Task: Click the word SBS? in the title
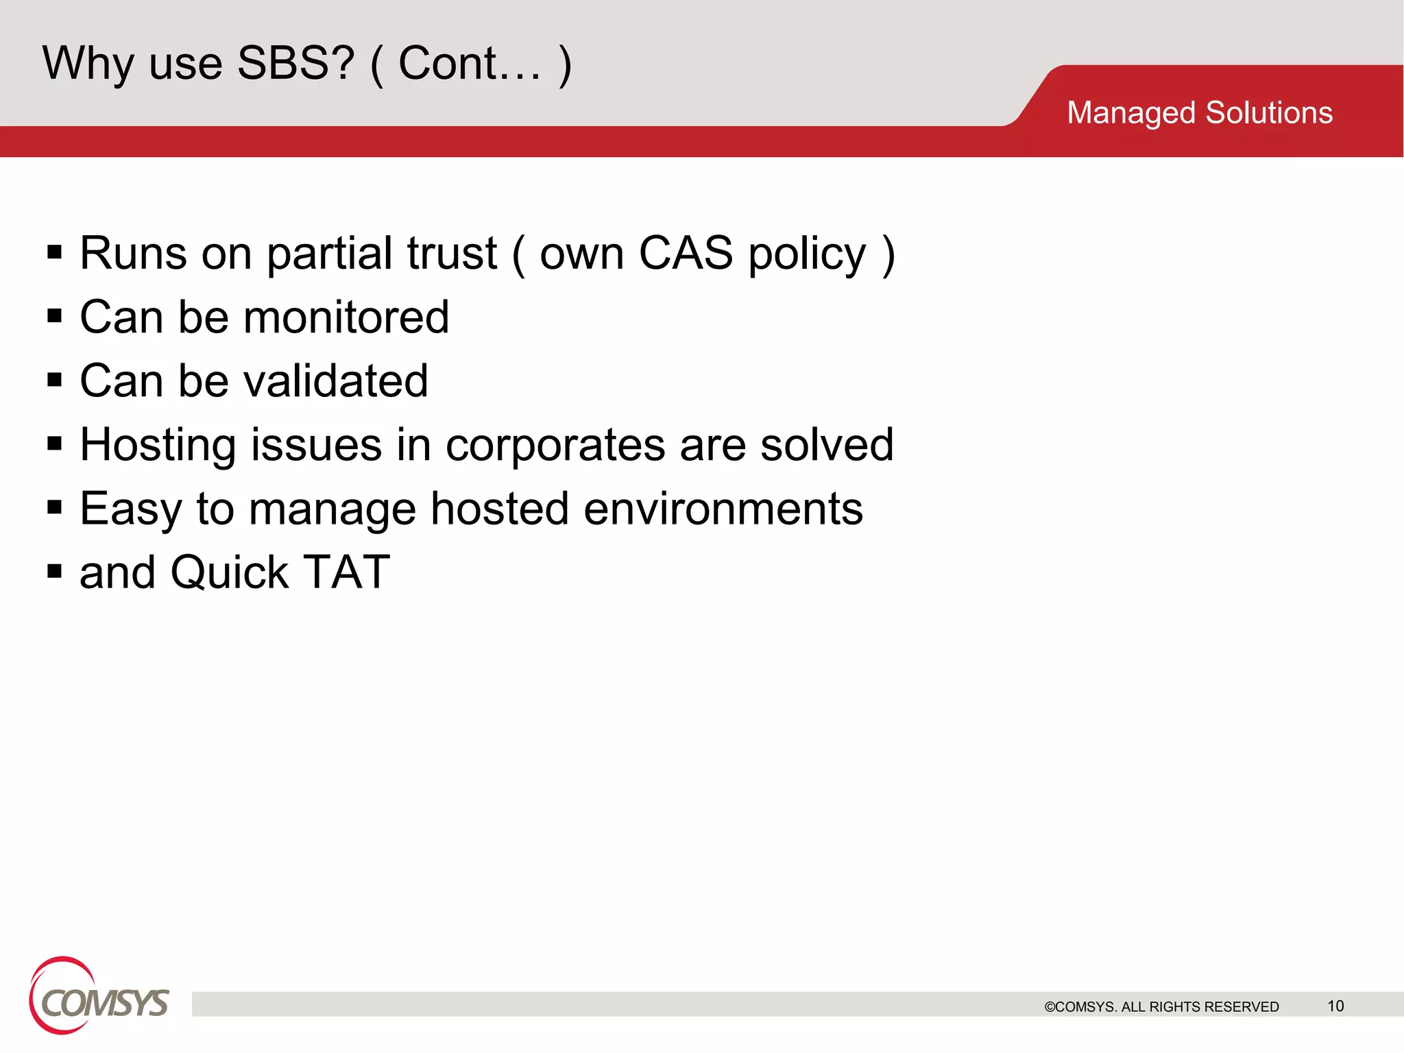295,63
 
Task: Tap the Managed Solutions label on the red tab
1199,112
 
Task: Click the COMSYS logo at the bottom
99,997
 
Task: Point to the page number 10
1335,1006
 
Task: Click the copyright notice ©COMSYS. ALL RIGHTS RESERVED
1161,1006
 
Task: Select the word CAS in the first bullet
685,253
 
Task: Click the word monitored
346,317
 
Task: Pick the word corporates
555,445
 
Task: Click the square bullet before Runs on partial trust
55,252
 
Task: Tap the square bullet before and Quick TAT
55,570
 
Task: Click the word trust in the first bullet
452,253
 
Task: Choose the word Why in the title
88,64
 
